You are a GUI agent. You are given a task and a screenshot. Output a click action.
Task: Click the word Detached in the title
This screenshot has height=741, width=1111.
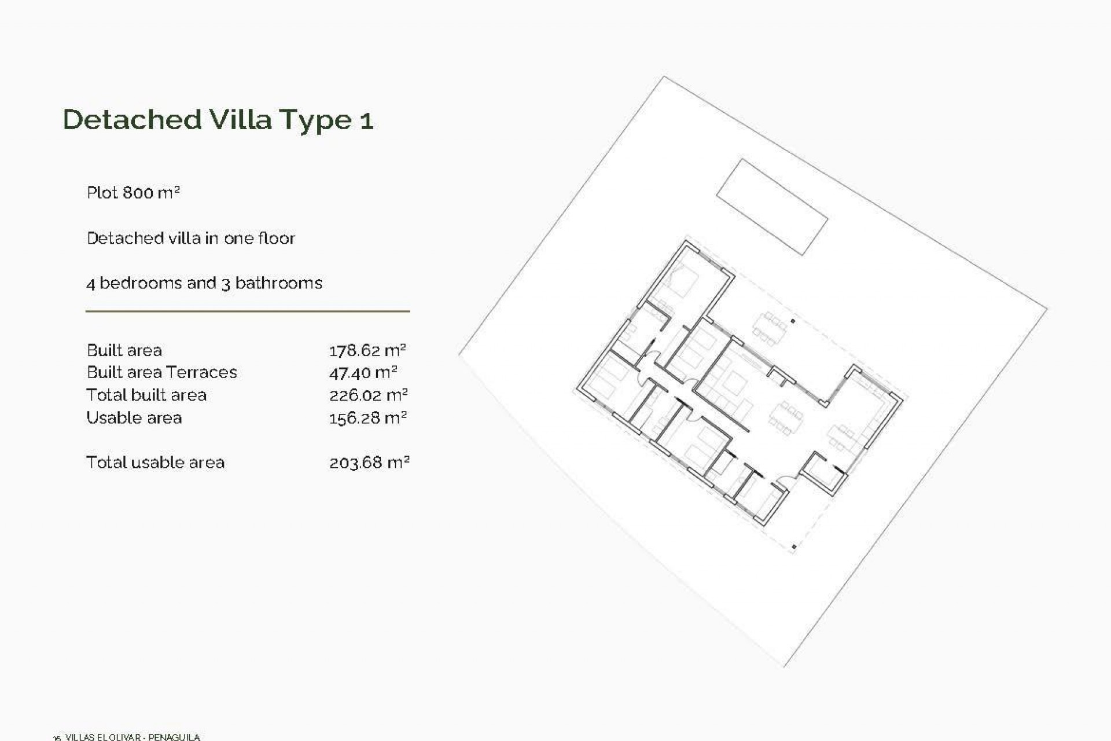point(132,120)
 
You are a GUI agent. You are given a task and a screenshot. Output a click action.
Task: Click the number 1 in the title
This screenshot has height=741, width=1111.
point(366,121)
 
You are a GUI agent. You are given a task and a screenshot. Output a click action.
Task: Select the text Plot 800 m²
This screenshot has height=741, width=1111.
point(133,192)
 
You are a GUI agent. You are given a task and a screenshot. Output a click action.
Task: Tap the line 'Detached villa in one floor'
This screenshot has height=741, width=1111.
point(190,238)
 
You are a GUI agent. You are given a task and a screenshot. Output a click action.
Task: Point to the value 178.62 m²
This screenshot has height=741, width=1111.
point(367,350)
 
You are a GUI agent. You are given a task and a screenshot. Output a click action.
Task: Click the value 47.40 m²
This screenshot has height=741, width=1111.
point(363,373)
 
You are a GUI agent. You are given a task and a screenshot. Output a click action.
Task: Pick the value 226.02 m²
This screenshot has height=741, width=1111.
point(368,395)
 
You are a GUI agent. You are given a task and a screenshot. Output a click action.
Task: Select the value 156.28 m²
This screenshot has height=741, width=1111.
point(367,418)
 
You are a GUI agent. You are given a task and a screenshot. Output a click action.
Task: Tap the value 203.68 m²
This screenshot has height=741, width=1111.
point(369,463)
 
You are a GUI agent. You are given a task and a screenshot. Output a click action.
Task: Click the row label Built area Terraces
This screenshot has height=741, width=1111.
point(161,372)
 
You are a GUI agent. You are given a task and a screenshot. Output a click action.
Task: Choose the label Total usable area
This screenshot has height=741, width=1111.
point(155,463)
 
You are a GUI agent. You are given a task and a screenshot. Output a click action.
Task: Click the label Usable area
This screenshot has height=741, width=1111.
point(134,418)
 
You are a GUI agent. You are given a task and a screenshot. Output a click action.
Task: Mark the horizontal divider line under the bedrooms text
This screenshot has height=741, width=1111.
point(248,311)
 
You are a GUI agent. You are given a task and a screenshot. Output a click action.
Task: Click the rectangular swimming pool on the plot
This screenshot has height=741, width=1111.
point(772,207)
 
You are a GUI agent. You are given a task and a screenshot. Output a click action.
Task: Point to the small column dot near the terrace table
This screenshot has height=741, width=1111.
point(793,321)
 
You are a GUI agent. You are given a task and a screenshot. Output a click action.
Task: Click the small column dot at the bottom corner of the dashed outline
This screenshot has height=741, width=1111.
point(794,546)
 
